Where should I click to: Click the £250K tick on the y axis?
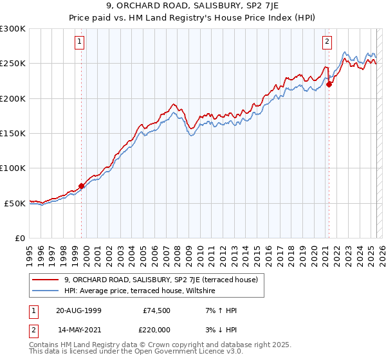click(x=13, y=64)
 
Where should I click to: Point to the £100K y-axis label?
click(x=13, y=168)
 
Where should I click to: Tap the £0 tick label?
click(x=19, y=238)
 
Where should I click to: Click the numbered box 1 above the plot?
click(x=79, y=42)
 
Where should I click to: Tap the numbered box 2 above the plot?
click(x=327, y=42)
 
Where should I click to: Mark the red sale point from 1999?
click(x=82, y=186)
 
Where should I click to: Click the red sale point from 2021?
click(x=329, y=84)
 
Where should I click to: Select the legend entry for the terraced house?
click(x=161, y=280)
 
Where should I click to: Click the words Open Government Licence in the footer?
click(x=160, y=352)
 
